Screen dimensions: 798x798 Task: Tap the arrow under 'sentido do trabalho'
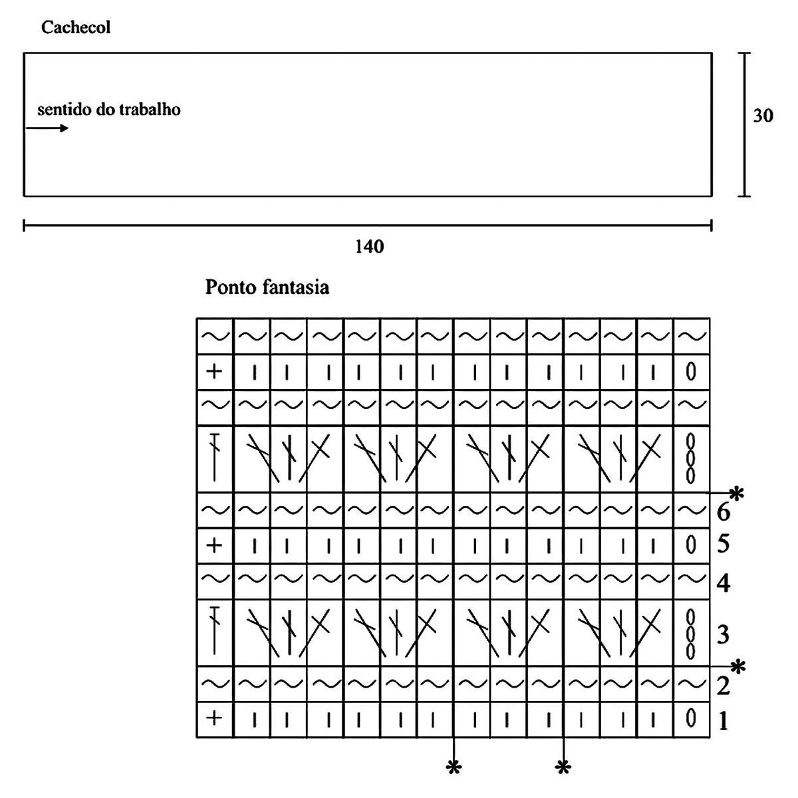[47, 128]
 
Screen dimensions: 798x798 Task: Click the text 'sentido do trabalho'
[108, 109]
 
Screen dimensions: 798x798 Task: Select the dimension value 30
[763, 116]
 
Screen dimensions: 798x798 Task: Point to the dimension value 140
[370, 247]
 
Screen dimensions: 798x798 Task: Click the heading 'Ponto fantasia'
[267, 288]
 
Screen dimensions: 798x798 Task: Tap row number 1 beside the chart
[723, 720]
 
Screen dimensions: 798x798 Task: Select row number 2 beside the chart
[723, 685]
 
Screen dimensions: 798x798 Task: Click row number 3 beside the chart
[723, 634]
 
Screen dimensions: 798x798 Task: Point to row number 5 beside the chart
[723, 545]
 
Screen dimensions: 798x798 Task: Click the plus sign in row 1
[214, 718]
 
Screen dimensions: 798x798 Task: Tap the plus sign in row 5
[214, 546]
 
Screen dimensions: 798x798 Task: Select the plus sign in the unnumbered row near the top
[214, 371]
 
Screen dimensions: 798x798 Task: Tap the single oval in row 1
[691, 718]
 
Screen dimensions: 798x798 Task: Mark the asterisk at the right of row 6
[735, 493]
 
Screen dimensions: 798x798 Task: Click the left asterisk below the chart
[454, 767]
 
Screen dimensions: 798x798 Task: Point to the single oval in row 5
[691, 546]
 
